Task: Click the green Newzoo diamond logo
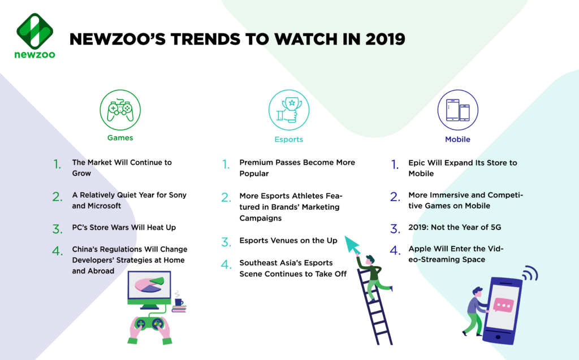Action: (x=34, y=31)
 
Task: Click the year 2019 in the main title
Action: (x=385, y=39)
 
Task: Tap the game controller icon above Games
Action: (x=120, y=110)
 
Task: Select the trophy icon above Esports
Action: (x=289, y=110)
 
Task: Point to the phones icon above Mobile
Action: (x=458, y=110)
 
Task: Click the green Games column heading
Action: (x=120, y=138)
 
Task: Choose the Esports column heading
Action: (x=289, y=140)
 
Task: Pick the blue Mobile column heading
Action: (x=457, y=140)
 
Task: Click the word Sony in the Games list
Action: (x=178, y=196)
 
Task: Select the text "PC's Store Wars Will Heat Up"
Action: (x=124, y=227)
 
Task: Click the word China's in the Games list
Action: (x=85, y=249)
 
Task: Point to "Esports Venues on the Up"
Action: (x=288, y=241)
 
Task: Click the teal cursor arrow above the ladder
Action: (x=352, y=245)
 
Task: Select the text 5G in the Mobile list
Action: (x=496, y=227)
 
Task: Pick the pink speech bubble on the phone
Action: (x=503, y=305)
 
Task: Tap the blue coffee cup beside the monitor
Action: (x=179, y=302)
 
